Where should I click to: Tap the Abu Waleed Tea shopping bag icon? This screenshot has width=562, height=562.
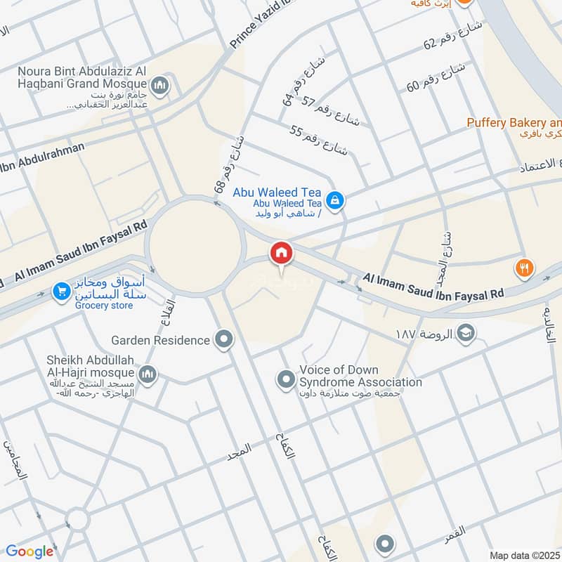[x=336, y=200]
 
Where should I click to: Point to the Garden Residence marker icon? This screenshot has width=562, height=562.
[x=224, y=340]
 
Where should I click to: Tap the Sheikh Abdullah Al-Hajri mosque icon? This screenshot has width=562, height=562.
[x=147, y=374]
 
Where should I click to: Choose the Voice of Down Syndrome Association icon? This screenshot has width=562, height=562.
[x=285, y=380]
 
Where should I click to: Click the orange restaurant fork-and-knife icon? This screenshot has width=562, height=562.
[x=524, y=268]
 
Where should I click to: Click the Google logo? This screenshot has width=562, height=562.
[x=30, y=551]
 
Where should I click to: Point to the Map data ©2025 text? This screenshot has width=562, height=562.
[x=524, y=555]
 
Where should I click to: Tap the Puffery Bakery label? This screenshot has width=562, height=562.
[x=514, y=123]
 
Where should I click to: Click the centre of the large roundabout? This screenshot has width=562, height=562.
[x=195, y=243]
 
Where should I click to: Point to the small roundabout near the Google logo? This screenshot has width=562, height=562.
[x=77, y=520]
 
